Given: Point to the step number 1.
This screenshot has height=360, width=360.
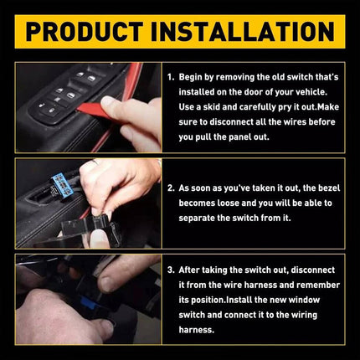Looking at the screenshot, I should [x=170, y=77].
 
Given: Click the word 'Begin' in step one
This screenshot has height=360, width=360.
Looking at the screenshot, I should [x=192, y=77].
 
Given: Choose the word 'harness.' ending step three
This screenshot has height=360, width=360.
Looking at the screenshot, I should [x=198, y=329].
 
